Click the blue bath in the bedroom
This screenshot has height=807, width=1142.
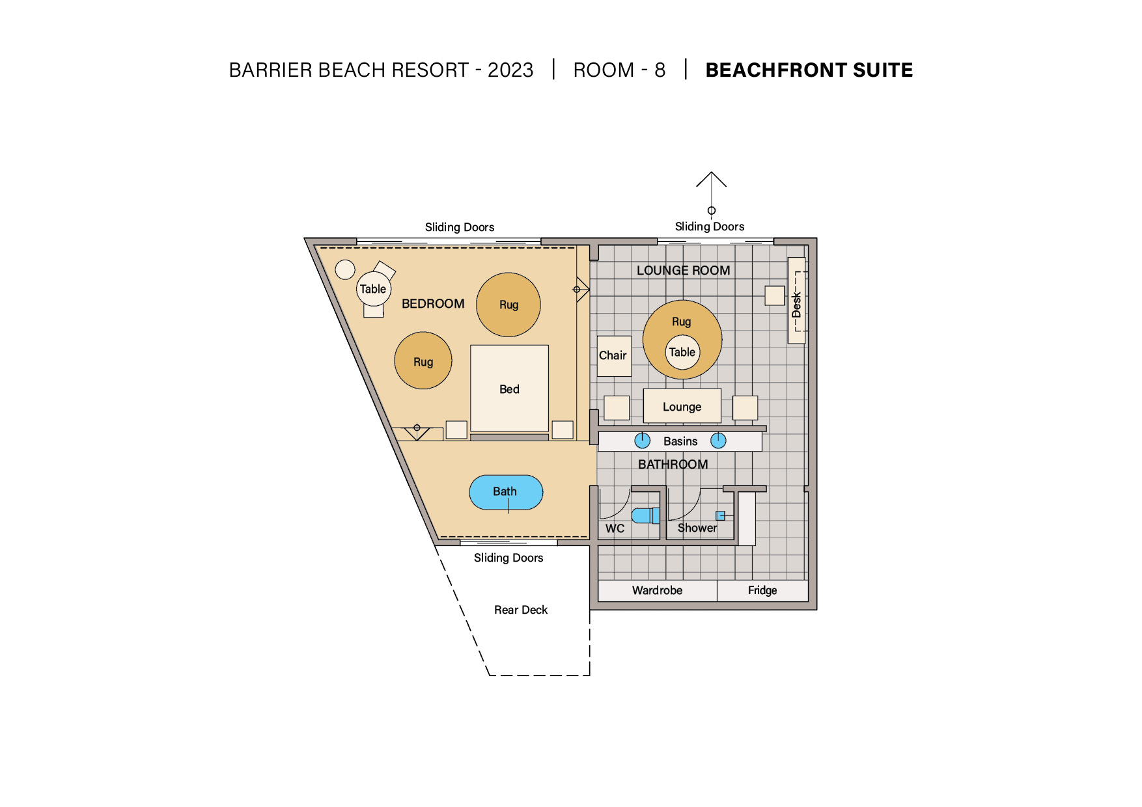tap(506, 492)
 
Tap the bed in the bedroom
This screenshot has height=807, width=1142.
tap(509, 388)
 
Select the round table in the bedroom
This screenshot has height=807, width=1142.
tap(374, 289)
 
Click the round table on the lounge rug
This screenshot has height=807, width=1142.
tap(682, 352)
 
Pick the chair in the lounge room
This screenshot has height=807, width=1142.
tap(614, 356)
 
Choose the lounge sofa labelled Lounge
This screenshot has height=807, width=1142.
tap(682, 406)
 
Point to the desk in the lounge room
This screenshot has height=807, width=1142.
tap(796, 300)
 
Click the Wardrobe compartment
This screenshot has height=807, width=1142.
tap(658, 590)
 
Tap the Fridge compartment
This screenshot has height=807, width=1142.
tap(762, 590)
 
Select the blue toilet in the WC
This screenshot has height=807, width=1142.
tap(645, 515)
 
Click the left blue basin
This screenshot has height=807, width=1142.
tap(643, 441)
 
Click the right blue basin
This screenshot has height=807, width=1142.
tap(718, 441)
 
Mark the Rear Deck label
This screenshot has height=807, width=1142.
tap(521, 610)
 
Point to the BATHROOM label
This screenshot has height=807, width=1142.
tap(673, 464)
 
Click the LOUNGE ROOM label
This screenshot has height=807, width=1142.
tap(683, 270)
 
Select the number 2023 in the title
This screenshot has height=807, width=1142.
tap(510, 70)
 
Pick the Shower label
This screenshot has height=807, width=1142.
tap(697, 528)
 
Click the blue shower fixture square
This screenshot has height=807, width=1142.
tap(720, 515)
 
